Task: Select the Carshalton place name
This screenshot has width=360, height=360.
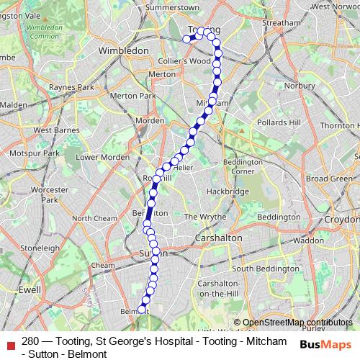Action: coord(219,237)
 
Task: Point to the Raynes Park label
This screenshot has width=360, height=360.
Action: coord(71,87)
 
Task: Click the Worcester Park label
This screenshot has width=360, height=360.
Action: coord(49,194)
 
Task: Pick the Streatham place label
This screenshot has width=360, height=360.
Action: coord(280,23)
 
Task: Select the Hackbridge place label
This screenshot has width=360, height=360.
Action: coord(228,192)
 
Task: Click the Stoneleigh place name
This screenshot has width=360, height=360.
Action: coord(40,248)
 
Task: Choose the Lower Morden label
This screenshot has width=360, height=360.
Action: coord(102,157)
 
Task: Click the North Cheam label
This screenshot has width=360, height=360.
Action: coord(94,218)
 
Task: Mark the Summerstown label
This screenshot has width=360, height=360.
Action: coord(172,6)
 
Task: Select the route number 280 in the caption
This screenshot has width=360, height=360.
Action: coord(31,341)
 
